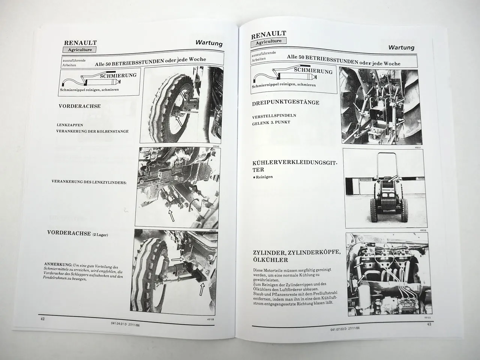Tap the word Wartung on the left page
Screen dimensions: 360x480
208,43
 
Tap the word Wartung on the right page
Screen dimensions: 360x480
401,47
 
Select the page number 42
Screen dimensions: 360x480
43,318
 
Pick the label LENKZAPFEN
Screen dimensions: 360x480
70,124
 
